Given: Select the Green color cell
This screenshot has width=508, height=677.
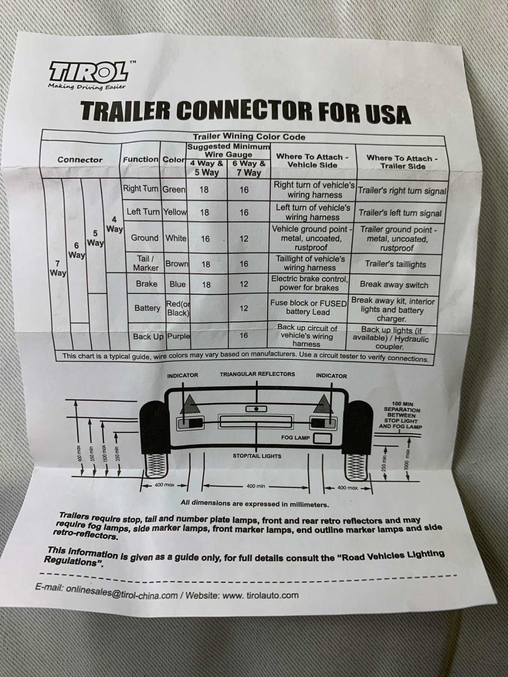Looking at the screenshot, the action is pyautogui.click(x=174, y=189).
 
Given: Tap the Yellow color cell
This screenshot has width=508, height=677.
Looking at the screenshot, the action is pyautogui.click(x=175, y=212).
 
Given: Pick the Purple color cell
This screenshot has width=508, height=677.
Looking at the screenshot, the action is pyautogui.click(x=179, y=336).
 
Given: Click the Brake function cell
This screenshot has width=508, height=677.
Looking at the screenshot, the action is pyautogui.click(x=147, y=284).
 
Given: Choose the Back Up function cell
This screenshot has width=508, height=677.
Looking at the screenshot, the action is pyautogui.click(x=148, y=337).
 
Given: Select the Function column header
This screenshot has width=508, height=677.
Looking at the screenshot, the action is pyautogui.click(x=141, y=159).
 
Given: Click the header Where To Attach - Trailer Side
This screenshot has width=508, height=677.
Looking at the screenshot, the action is pyautogui.click(x=402, y=162).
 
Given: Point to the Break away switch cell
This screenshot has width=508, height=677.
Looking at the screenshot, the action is pyautogui.click(x=394, y=285).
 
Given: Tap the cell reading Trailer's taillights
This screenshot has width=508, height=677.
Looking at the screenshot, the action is pyautogui.click(x=395, y=264).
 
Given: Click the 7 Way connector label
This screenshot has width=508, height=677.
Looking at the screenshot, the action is pyautogui.click(x=58, y=268).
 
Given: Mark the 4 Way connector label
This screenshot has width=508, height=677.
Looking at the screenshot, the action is pyautogui.click(x=114, y=224).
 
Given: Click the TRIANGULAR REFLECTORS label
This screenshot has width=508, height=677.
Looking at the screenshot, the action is pyautogui.click(x=257, y=374).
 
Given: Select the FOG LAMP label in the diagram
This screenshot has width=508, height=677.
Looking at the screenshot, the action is pyautogui.click(x=295, y=438).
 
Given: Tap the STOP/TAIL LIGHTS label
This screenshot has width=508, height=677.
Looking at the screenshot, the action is pyautogui.click(x=257, y=456).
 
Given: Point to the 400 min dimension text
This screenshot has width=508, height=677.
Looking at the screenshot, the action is pyautogui.click(x=256, y=486).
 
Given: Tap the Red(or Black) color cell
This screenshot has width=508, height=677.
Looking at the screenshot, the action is pyautogui.click(x=178, y=308).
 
